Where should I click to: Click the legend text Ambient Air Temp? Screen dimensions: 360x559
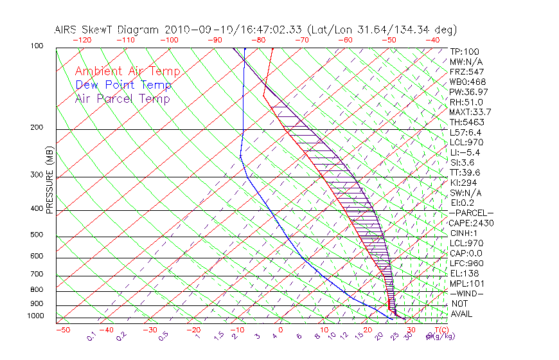pyautogui.click(x=127, y=71)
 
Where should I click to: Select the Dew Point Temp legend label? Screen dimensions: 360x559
pyautogui.click(x=123, y=85)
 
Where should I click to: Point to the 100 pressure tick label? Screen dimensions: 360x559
pyautogui.click(x=37, y=46)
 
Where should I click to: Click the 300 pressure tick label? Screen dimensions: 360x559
pyautogui.click(x=37, y=175)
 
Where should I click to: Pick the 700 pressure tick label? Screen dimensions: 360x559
pyautogui.click(x=37, y=275)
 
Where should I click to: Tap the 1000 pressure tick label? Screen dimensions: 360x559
pyautogui.click(x=35, y=316)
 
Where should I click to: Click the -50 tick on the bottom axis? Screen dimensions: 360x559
pyautogui.click(x=62, y=330)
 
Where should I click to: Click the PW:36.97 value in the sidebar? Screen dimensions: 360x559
pyautogui.click(x=468, y=92)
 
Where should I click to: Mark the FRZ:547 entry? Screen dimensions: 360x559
pyautogui.click(x=466, y=71)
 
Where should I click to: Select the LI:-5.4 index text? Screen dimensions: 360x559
pyautogui.click(x=465, y=152)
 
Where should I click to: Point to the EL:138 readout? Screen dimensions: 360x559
pyautogui.click(x=464, y=273)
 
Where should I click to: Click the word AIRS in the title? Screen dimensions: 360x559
pyautogui.click(x=67, y=30)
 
